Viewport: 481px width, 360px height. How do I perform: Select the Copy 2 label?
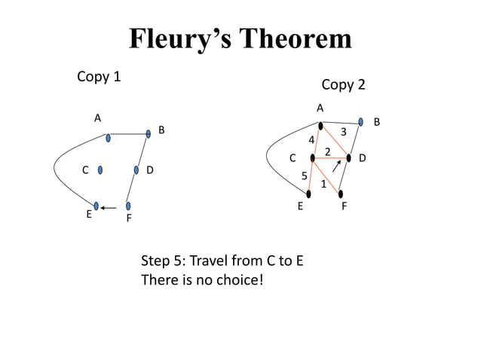click(343, 84)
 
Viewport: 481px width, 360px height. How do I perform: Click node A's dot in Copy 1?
click(109, 138)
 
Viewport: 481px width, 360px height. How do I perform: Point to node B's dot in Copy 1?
click(149, 134)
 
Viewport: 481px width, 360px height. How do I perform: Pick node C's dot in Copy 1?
click(100, 169)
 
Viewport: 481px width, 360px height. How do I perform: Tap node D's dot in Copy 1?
click(136, 169)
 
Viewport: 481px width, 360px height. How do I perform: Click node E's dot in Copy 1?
click(97, 206)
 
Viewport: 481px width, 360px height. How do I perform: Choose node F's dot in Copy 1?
click(128, 206)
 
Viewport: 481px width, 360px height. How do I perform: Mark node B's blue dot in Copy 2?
click(361, 121)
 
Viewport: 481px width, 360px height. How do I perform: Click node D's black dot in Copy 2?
click(349, 158)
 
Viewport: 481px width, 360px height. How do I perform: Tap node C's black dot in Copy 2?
click(313, 158)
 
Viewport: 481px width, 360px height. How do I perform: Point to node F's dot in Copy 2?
click(341, 194)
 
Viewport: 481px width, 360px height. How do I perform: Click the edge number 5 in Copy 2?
click(305, 175)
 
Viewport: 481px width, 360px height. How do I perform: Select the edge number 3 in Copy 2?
click(343, 133)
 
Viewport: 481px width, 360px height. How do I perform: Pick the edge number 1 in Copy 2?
click(323, 184)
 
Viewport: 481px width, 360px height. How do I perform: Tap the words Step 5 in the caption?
click(162, 262)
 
